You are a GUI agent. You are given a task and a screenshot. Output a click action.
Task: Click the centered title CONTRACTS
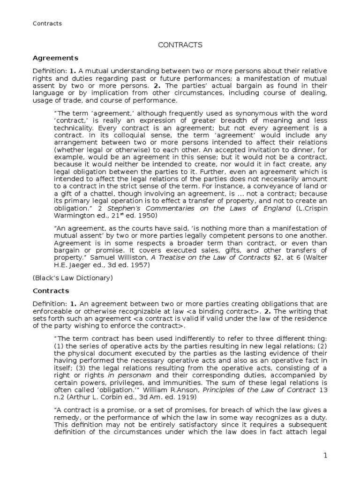point(180,45)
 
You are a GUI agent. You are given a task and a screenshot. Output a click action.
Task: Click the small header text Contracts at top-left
point(47,23)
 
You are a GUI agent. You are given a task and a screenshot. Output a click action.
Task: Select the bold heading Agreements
point(55,58)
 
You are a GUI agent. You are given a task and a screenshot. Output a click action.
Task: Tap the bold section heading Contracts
point(51,291)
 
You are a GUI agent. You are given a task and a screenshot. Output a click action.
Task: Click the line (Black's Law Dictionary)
point(73,277)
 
